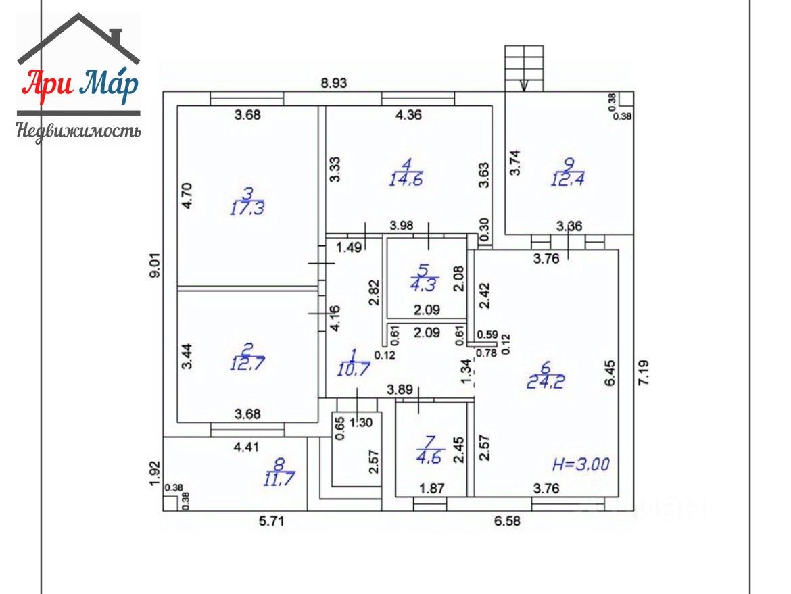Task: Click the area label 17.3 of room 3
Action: click(x=247, y=208)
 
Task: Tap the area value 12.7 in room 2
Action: click(x=247, y=363)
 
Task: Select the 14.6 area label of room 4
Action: click(x=406, y=179)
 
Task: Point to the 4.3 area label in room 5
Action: click(x=424, y=285)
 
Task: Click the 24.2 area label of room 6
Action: click(x=546, y=382)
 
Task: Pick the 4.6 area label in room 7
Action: click(x=429, y=457)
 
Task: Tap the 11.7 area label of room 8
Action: click(x=279, y=478)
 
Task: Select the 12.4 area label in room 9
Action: click(x=567, y=179)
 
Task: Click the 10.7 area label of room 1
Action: click(x=354, y=368)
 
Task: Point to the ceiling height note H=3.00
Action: click(x=581, y=464)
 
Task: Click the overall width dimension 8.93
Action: click(x=334, y=82)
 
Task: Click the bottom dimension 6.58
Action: click(x=507, y=520)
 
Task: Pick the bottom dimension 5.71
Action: click(x=271, y=520)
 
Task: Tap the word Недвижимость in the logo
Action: click(x=78, y=130)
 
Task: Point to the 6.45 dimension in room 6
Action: click(x=610, y=372)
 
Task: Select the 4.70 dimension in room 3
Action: click(x=187, y=196)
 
